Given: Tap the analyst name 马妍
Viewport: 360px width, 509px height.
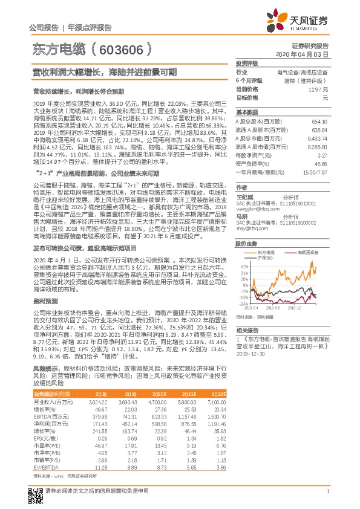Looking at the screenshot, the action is [242, 199].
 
